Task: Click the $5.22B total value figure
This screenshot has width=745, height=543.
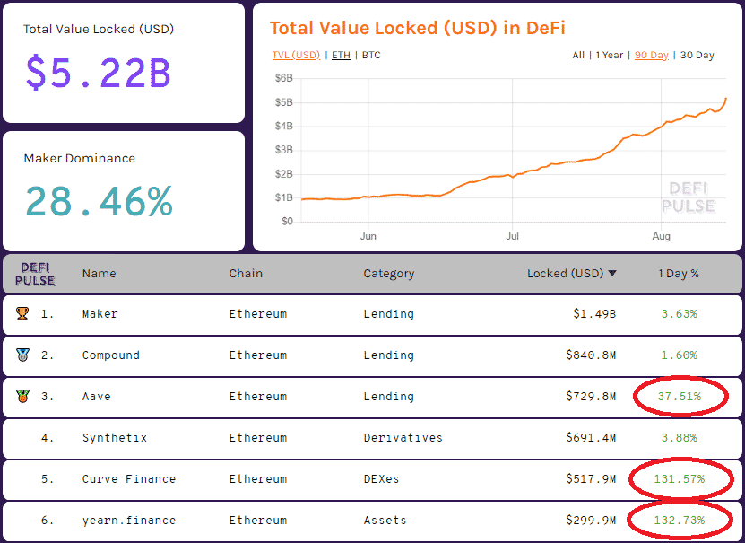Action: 98,73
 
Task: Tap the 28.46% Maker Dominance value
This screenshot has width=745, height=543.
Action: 99,202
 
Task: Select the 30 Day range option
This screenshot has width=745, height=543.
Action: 697,56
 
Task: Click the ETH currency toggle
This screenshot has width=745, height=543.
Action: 341,56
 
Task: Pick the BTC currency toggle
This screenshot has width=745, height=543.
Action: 370,56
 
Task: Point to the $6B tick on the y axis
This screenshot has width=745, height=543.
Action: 283,78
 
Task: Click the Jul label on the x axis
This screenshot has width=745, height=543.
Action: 512,237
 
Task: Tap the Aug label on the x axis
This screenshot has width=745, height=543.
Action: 661,237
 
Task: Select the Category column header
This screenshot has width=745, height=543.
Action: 388,274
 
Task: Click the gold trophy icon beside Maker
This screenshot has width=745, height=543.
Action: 22,314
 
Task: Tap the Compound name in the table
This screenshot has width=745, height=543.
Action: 110,355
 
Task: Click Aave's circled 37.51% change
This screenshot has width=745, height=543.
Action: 679,396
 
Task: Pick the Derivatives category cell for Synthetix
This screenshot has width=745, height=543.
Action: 403,438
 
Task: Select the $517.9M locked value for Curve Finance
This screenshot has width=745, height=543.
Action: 590,479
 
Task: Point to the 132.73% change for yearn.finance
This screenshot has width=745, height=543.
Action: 679,521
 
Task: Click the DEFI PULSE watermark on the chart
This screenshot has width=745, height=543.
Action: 688,197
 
